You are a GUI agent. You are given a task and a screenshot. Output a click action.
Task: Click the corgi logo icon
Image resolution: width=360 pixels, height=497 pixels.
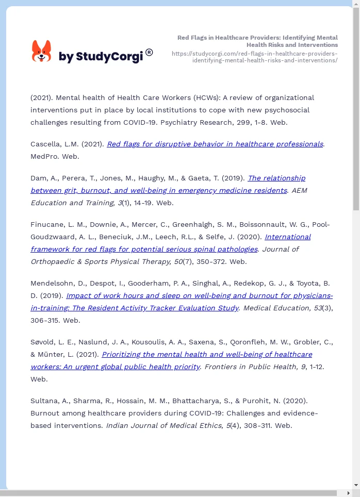41,51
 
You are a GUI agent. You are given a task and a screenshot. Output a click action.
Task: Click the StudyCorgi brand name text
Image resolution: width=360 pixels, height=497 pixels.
101,57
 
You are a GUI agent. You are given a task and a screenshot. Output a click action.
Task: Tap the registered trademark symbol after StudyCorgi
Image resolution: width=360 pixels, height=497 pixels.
149,52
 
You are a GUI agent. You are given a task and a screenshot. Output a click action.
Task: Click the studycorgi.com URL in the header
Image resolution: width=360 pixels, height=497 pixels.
255,57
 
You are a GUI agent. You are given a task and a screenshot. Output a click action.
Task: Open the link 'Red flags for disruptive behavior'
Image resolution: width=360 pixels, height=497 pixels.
215,144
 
